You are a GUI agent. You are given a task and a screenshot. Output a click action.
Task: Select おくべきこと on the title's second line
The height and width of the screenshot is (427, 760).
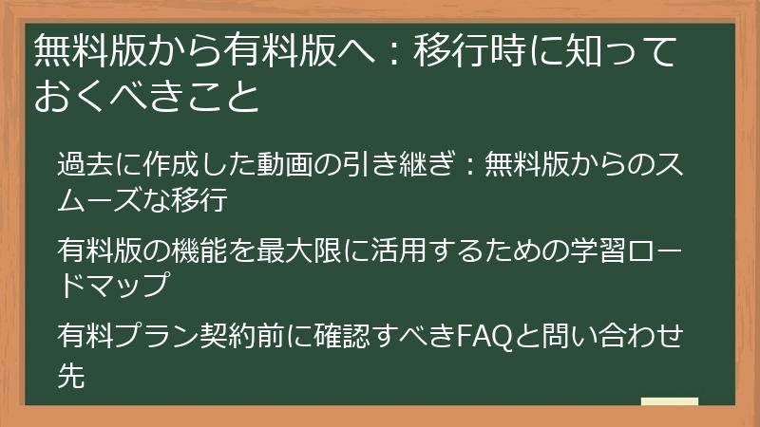click(146, 97)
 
